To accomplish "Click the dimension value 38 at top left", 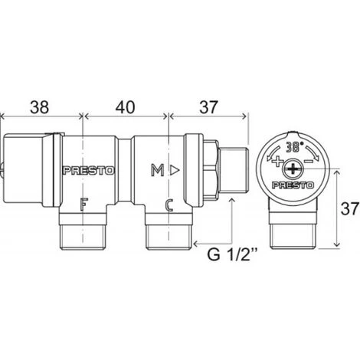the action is tap(39, 107).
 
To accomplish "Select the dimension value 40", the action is tap(125, 107).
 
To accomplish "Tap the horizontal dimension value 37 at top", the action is tap(209, 107).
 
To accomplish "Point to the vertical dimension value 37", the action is tap(350, 209).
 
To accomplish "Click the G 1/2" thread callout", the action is tap(232, 254).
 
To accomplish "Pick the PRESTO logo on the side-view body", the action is tap(89, 171).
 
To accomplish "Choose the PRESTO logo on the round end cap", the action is tap(293, 185).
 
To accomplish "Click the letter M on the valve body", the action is tap(158, 170).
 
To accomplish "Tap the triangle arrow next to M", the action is tap(175, 170).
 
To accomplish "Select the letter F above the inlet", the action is tap(83, 205).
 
